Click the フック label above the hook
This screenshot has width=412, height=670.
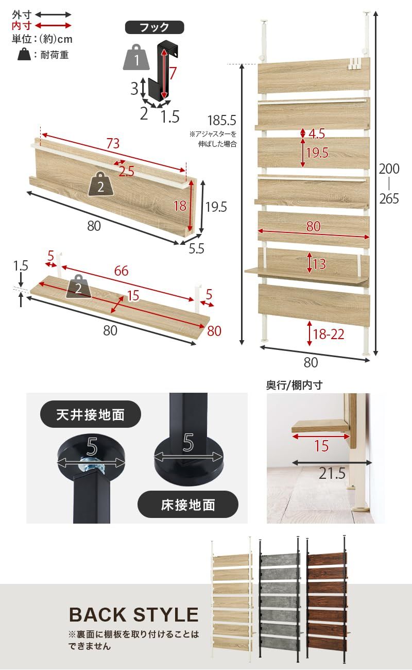coord(154,27)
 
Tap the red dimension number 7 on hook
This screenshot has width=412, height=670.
coord(173,73)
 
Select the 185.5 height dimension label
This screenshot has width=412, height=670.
coord(221,121)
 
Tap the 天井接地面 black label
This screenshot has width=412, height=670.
coord(90,414)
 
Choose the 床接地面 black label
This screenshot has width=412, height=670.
coord(188,505)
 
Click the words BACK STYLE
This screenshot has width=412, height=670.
coord(133,615)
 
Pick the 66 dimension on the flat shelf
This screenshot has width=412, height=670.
coord(121,271)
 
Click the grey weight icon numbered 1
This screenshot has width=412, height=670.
coord(136,58)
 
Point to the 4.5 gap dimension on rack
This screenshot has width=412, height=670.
coord(317,134)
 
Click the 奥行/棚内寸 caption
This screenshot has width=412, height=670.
coord(294,385)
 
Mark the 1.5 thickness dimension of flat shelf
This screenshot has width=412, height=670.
coord(21,266)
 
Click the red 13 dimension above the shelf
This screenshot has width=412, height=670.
coord(319,264)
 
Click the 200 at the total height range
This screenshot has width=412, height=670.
coord(389,169)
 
